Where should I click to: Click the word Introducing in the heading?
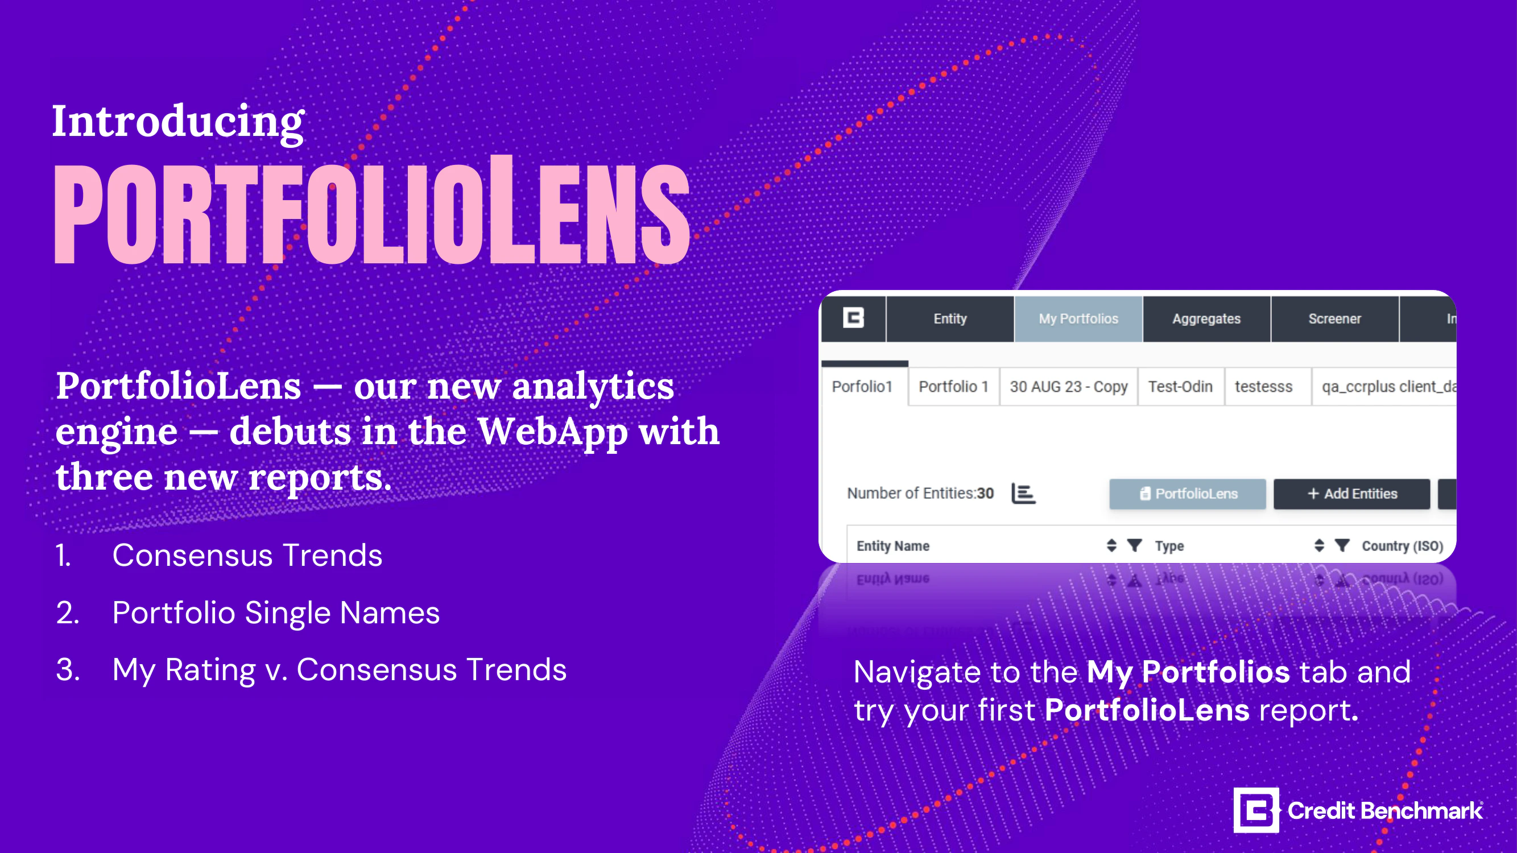pyautogui.click(x=178, y=121)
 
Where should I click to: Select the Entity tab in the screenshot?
pyautogui.click(x=950, y=318)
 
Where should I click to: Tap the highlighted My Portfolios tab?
pyautogui.click(x=1078, y=318)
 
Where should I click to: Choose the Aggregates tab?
pyautogui.click(x=1206, y=318)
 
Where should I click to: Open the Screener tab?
pyautogui.click(x=1334, y=318)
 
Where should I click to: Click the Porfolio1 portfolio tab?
pyautogui.click(x=862, y=387)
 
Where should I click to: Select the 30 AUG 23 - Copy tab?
pyautogui.click(x=1068, y=387)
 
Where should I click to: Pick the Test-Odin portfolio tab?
pyautogui.click(x=1180, y=387)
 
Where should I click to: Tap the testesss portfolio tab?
pyautogui.click(x=1263, y=387)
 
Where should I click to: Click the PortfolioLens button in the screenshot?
pyautogui.click(x=1187, y=493)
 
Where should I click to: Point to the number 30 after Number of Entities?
pyautogui.click(x=985, y=493)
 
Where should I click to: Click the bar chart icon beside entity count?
pyautogui.click(x=1023, y=493)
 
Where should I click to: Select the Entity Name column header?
pyautogui.click(x=893, y=546)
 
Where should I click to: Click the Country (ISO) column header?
pyautogui.click(x=1402, y=546)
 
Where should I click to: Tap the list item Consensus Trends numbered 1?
pyautogui.click(x=247, y=555)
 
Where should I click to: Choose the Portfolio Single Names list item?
pyautogui.click(x=276, y=612)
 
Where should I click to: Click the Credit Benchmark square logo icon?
pyautogui.click(x=1255, y=810)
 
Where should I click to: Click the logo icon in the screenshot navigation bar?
pyautogui.click(x=853, y=318)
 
